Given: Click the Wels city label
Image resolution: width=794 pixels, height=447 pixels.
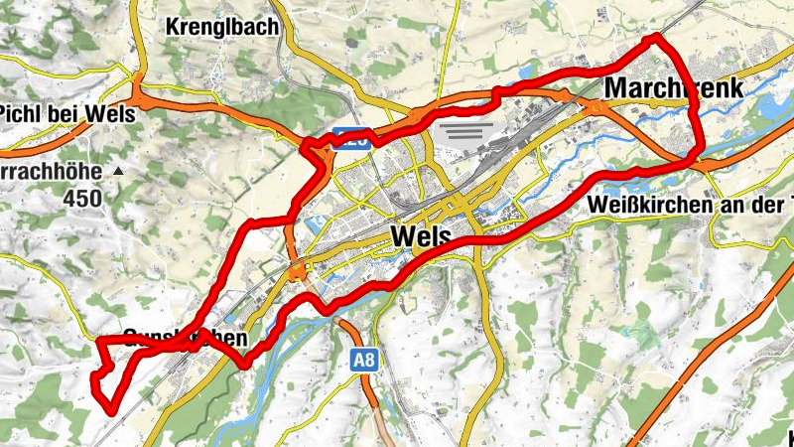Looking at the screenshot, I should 422,235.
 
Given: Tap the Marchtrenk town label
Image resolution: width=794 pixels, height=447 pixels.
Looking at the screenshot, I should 673,88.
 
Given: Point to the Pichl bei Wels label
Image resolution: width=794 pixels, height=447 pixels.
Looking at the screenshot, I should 67,112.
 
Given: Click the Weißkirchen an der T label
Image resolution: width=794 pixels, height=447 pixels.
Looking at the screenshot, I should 690,204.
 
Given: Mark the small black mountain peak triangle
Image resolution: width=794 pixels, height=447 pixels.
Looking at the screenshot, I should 119,172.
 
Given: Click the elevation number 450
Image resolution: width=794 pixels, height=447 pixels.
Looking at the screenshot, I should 82,198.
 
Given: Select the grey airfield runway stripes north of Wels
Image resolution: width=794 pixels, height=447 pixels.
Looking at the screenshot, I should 463,131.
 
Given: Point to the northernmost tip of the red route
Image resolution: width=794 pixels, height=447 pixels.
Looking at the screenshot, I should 654,38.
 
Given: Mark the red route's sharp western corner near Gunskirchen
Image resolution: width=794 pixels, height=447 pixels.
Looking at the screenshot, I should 99,342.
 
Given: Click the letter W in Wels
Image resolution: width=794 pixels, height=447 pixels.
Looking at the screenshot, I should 403,235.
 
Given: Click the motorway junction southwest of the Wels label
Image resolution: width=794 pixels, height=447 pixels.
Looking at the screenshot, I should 298,271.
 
